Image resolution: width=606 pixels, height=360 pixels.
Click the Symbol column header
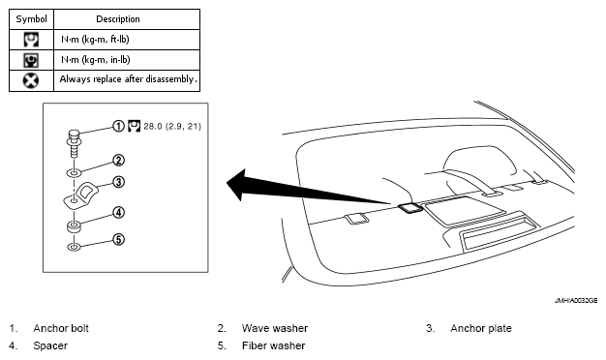coord(31,19)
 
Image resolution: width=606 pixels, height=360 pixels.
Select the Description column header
coord(118,19)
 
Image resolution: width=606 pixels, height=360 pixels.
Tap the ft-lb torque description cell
coord(95,40)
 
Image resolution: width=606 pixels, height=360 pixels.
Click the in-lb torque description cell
coord(96,60)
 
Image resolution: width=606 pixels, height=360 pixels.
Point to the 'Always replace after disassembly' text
coord(128,79)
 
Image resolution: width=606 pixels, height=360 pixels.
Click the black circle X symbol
coord(31,80)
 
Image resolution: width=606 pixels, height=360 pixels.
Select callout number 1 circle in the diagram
coord(118,126)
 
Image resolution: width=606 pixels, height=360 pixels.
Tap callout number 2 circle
coord(118,160)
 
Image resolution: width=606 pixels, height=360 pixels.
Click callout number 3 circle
coord(118,182)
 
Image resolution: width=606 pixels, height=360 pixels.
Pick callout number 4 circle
coord(118,212)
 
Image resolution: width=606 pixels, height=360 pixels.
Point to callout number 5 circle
coord(118,239)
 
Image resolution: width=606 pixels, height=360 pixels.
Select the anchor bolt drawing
coord(74,143)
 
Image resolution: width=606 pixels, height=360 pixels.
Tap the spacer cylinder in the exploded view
coord(74,226)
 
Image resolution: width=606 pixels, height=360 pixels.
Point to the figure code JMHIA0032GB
coord(576,300)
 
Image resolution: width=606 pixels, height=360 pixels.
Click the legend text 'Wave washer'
coord(275,328)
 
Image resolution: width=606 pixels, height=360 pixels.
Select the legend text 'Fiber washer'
coord(274,345)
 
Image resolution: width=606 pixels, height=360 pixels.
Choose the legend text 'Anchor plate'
coord(481,328)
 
